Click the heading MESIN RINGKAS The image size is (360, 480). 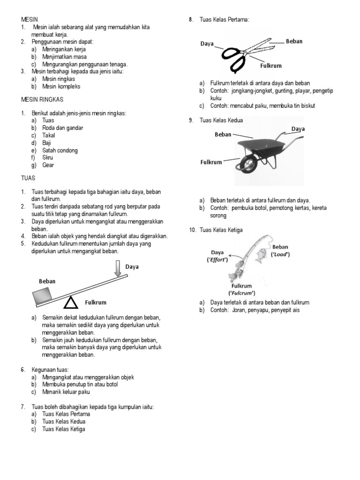click(42, 100)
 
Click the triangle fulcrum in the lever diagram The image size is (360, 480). click(71, 303)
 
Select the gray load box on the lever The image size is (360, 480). click(43, 295)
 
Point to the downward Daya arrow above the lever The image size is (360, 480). click(118, 270)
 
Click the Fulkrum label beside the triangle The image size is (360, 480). click(96, 302)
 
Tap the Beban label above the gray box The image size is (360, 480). click(47, 281)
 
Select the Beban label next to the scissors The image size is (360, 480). click(294, 42)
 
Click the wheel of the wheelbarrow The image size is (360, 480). click(247, 165)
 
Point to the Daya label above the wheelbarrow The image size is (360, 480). click(298, 128)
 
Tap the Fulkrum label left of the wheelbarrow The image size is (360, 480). click(211, 162)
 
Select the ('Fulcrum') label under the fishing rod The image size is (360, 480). click(242, 293)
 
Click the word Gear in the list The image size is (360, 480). click(48, 165)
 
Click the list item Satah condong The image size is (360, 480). click(60, 150)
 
